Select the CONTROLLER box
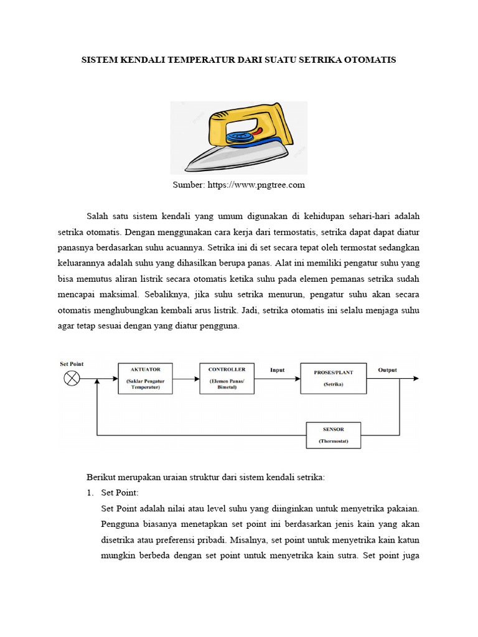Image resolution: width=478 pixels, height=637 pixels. [x=227, y=378]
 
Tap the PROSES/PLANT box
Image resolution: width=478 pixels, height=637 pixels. [x=333, y=378]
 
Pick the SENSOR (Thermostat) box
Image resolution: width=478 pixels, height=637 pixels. [x=333, y=435]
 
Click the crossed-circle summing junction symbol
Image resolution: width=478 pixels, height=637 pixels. [x=72, y=378]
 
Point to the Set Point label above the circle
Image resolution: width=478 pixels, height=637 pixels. [x=72, y=363]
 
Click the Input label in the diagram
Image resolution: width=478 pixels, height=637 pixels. [x=277, y=370]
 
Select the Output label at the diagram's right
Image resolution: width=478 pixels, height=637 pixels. [x=387, y=370]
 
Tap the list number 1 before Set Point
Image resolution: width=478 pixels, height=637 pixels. [x=90, y=493]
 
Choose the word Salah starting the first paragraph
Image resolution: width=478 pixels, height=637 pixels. [x=97, y=216]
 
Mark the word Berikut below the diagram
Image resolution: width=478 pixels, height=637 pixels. [x=100, y=477]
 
